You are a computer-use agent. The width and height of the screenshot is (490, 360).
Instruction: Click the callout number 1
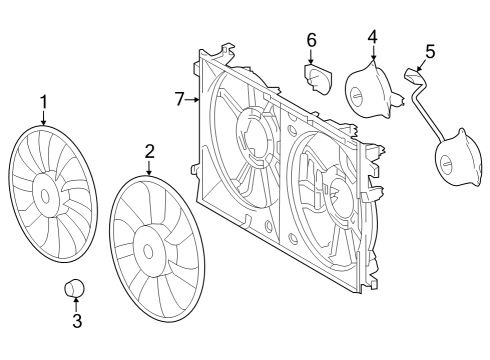43,101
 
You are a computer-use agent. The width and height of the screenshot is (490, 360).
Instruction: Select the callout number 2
149,152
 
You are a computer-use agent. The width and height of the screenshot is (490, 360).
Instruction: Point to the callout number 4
372,37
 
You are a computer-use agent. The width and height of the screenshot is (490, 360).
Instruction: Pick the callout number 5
430,50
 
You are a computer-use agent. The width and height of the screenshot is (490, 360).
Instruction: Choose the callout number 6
312,40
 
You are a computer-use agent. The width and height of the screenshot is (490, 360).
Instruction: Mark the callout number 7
180,98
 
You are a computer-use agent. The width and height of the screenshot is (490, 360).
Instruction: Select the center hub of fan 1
44,189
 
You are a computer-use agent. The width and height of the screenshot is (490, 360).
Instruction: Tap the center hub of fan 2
148,242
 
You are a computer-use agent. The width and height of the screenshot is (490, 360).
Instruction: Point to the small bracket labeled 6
318,77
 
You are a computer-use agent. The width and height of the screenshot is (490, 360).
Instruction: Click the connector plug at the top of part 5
412,73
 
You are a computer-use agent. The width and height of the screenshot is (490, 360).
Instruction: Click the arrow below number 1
43,117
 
